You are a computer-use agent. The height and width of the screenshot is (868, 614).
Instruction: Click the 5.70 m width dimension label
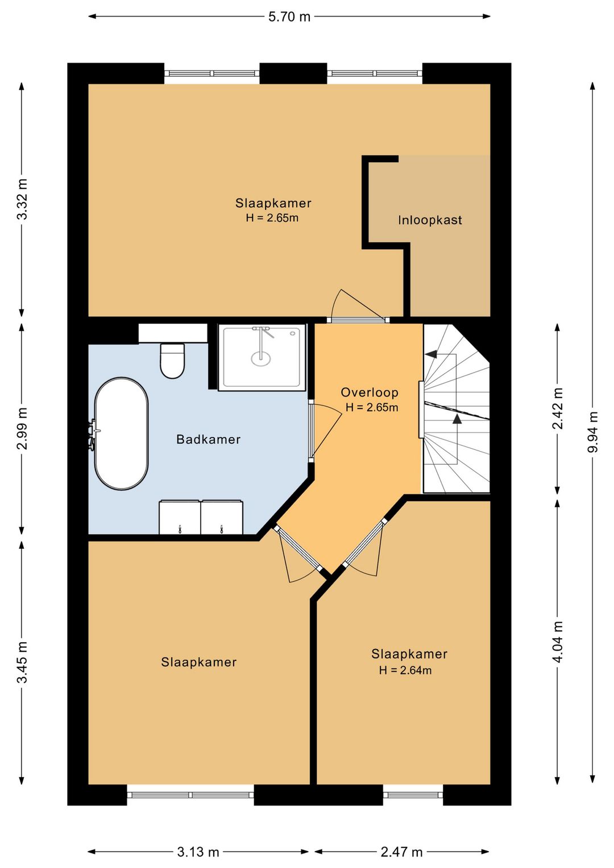tap(289, 16)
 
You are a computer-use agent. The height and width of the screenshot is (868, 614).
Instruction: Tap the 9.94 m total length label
tap(592, 432)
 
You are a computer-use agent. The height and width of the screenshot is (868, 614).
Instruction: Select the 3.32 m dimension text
tap(23, 199)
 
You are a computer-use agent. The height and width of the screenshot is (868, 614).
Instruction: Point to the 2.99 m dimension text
tap(23, 428)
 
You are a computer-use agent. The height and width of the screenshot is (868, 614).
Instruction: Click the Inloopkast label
tap(430, 220)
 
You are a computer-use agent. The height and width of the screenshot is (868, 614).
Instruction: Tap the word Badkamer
tap(209, 439)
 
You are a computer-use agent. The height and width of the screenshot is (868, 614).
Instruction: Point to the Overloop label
tap(370, 392)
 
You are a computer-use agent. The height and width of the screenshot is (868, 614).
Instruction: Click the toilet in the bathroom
tap(172, 361)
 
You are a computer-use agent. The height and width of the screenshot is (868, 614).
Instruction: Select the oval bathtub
tap(122, 433)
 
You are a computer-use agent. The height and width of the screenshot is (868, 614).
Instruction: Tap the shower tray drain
tap(261, 358)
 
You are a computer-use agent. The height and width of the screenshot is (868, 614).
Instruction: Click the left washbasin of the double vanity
tap(180, 517)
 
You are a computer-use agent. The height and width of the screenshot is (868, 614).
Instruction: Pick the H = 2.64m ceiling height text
tap(405, 670)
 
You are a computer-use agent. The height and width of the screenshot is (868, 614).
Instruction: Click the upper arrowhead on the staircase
tap(431, 354)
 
